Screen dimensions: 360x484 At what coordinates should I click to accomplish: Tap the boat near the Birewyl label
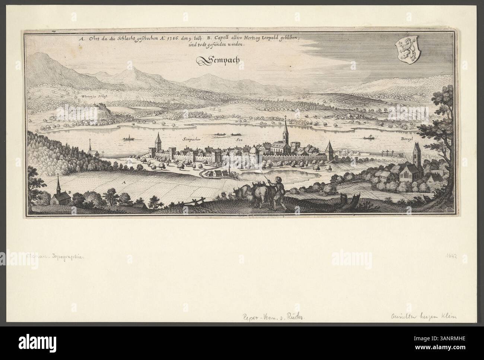click(x=370, y=138)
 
